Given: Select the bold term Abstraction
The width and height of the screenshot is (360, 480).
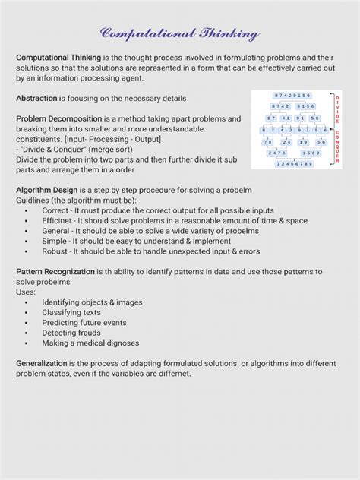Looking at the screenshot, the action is point(41,99).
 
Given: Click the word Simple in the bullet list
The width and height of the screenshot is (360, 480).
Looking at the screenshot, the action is point(55,241).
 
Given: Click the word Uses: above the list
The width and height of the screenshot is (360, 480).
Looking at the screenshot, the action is point(26,292).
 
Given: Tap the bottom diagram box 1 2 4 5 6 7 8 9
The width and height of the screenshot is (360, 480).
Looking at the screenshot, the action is point(292,163).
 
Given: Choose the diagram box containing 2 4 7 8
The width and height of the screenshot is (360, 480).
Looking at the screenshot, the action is point(277,153).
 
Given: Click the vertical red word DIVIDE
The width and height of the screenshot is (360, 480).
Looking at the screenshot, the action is point(337,111).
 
